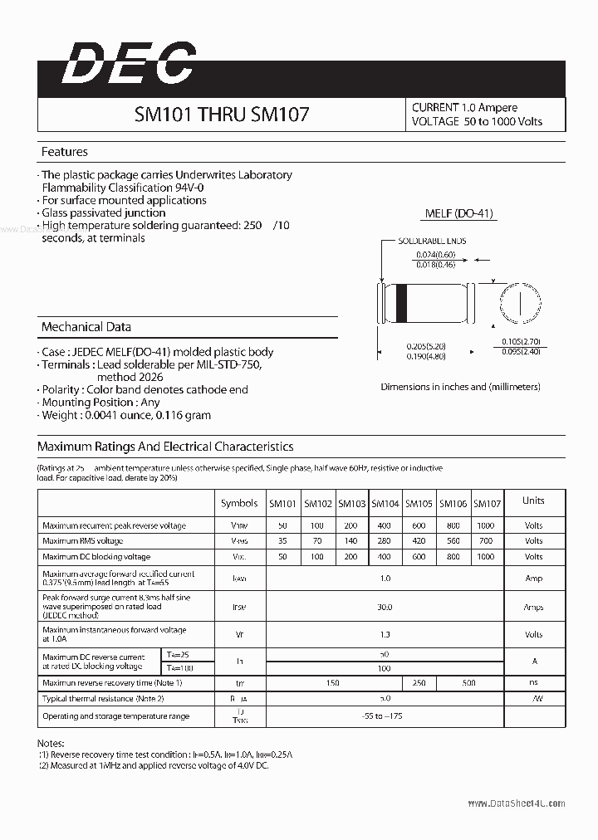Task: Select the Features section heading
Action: click(x=65, y=152)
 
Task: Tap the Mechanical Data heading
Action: click(x=86, y=327)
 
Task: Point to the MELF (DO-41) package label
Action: click(x=458, y=213)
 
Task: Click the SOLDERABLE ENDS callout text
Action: click(x=431, y=241)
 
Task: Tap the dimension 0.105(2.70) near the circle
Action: click(x=522, y=341)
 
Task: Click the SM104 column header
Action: click(x=385, y=503)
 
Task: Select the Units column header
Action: click(x=533, y=501)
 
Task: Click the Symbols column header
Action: click(x=239, y=503)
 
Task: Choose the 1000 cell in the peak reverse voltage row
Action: click(x=486, y=525)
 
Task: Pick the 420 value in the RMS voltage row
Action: click(x=419, y=541)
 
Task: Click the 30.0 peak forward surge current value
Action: click(x=385, y=608)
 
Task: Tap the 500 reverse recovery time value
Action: click(x=469, y=683)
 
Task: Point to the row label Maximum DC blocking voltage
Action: click(x=96, y=557)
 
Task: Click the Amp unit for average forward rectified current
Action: click(x=533, y=579)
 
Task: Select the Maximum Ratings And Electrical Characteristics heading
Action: click(x=165, y=447)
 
